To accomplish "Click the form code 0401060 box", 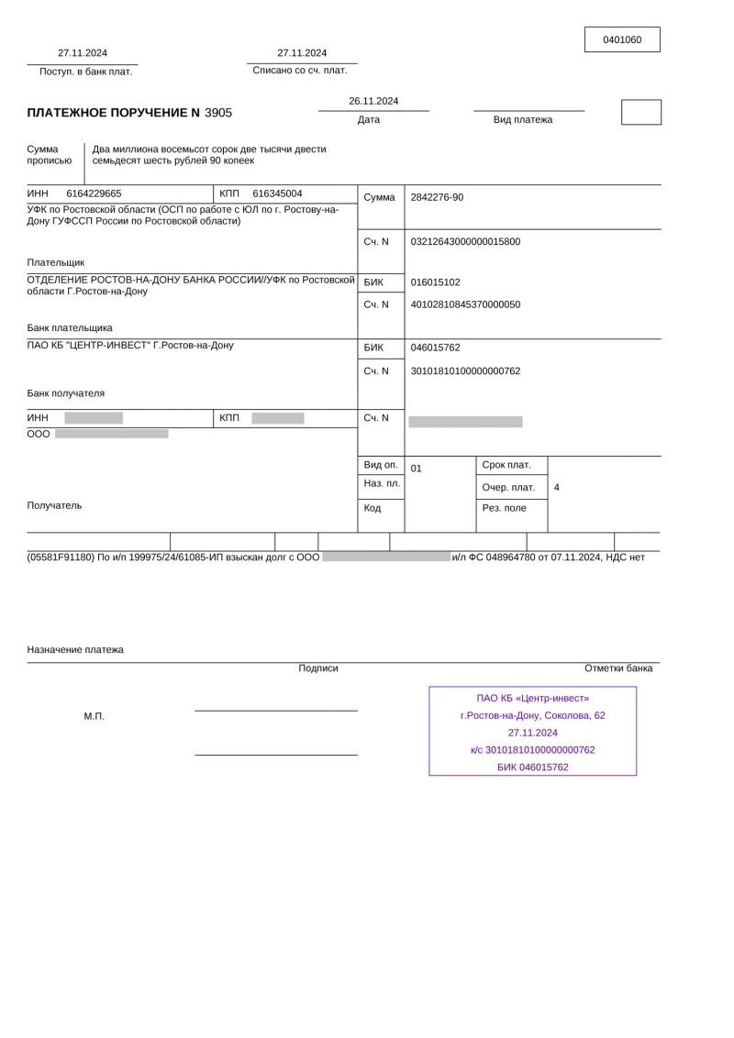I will point(622,39).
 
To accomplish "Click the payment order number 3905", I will point(218,113).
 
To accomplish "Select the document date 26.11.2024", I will point(373,101).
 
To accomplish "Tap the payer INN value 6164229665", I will point(94,193).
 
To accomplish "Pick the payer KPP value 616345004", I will point(277,193).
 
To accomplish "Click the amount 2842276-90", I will point(437,197).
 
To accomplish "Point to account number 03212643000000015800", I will point(465,241).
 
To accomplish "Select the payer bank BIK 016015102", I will point(436,282).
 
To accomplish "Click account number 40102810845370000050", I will point(465,304).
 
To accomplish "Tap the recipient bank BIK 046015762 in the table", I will point(436,348).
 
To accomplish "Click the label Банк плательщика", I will point(70,327).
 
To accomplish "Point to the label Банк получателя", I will point(66,393).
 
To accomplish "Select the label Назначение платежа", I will point(75,649).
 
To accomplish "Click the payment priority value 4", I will point(557,488).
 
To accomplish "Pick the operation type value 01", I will point(417,469).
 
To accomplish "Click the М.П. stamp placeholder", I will point(95,716).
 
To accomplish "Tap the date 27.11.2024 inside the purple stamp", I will point(533,733).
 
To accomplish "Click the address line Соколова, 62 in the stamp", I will point(574,715).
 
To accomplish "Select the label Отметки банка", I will point(618,668).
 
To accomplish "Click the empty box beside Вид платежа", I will point(640,112).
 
